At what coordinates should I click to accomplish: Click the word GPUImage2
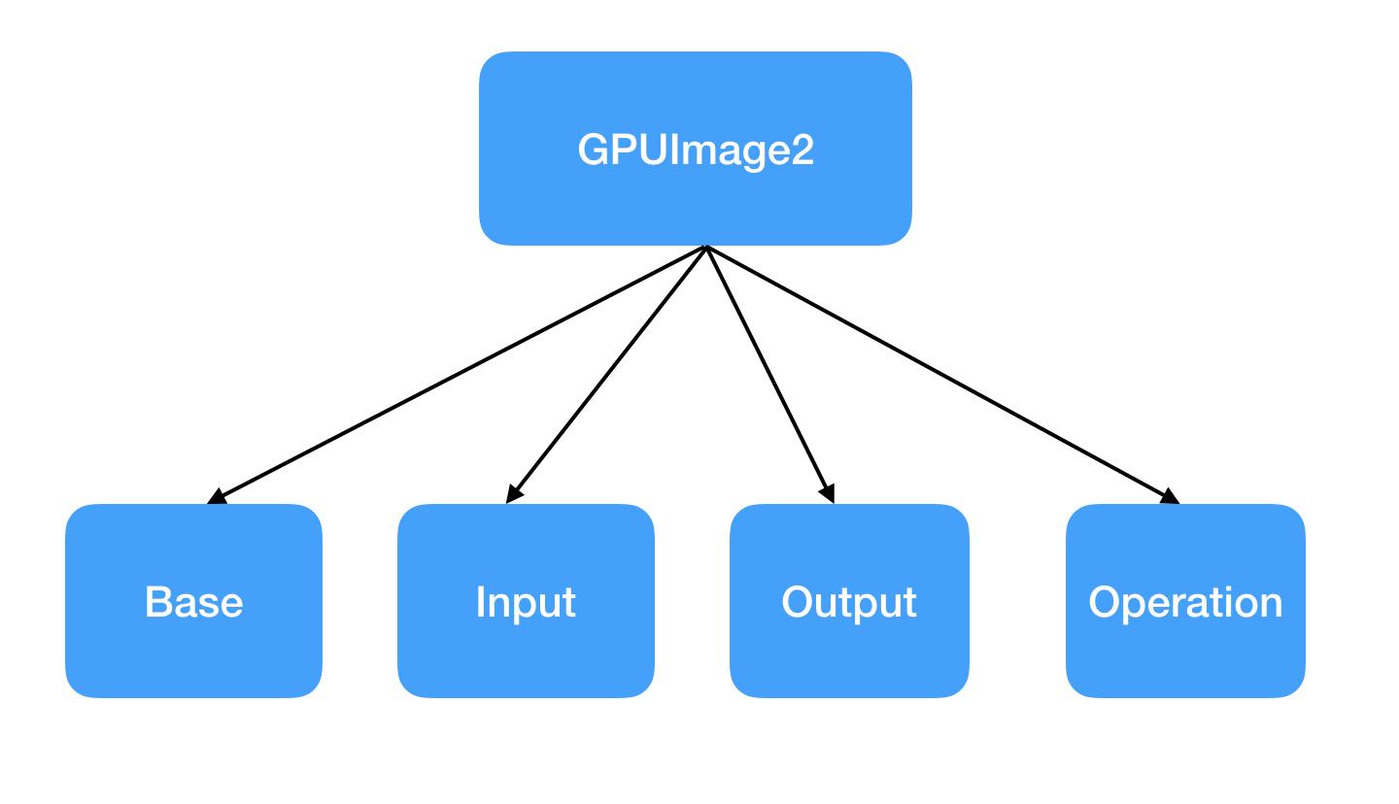click(696, 151)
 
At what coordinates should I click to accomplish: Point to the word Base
click(193, 602)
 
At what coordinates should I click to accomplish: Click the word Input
click(526, 603)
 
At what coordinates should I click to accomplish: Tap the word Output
click(849, 603)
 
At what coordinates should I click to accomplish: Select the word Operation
click(1185, 603)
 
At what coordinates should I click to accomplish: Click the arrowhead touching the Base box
click(217, 497)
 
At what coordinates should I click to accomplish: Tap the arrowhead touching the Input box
click(514, 495)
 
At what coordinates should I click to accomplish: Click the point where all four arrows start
click(706, 247)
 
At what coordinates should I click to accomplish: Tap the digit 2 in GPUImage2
click(802, 151)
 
